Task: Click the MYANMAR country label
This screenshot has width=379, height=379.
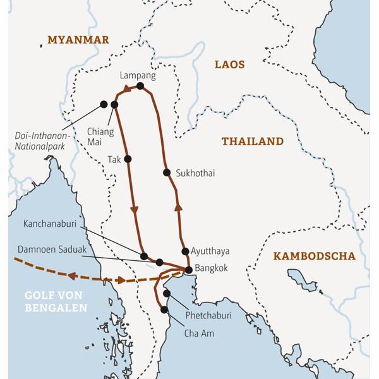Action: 79,40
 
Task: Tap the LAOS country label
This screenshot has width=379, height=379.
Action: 229,64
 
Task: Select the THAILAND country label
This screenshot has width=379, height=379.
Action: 252,141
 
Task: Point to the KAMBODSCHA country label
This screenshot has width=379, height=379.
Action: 314,256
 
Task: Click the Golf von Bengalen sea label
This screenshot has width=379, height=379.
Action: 56,301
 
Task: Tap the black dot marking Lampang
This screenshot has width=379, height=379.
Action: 140,86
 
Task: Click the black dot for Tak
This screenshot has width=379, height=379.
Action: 128,159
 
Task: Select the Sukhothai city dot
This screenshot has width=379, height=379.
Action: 167,172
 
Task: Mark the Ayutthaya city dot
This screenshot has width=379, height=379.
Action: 185,251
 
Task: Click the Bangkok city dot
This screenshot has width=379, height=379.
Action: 188,270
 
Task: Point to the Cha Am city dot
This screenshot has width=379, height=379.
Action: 164,310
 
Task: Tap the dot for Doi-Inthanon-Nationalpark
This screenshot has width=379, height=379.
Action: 104,104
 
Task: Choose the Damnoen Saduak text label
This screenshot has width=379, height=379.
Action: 52,250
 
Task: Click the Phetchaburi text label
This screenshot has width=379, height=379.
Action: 208,315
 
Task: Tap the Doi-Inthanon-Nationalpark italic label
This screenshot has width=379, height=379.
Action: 44,140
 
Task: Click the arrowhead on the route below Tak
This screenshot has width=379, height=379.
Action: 134,209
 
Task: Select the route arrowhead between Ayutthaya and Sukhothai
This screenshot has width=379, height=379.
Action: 178,206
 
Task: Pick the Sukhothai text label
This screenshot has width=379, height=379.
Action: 195,173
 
